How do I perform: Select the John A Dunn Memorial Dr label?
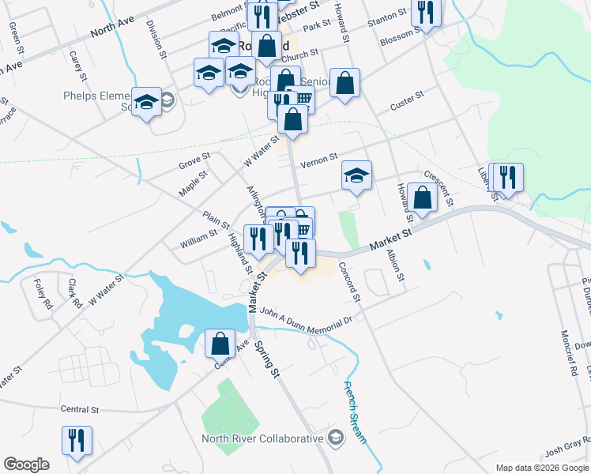pos(304,318)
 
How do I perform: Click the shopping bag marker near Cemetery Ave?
pos(220,344)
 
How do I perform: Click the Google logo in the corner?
pos(26,464)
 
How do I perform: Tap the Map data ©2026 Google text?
pos(542,468)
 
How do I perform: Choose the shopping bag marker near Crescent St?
pos(423,199)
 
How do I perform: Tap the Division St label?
pos(156,39)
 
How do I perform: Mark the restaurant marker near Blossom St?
pos(427,14)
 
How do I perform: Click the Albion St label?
pos(394,266)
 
